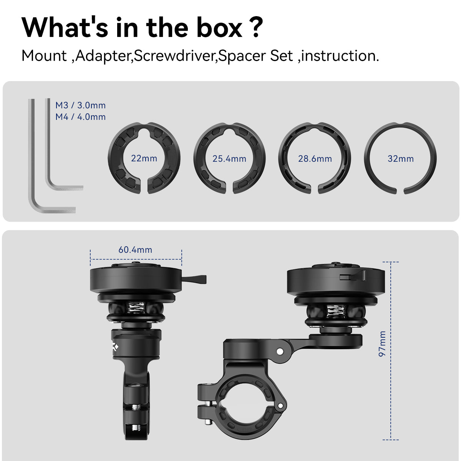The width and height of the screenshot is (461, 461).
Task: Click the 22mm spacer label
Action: [144, 158]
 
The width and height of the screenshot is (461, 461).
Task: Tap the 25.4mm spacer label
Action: [229, 159]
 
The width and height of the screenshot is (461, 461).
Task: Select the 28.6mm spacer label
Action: [315, 159]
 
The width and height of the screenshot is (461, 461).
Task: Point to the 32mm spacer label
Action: [401, 159]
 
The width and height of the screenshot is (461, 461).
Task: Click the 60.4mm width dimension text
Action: [135, 250]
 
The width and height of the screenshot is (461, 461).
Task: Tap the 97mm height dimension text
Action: [382, 344]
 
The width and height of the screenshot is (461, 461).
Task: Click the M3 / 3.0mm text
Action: [80, 105]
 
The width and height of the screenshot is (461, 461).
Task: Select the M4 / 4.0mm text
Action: [80, 117]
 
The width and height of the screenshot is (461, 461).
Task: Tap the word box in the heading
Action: [219, 28]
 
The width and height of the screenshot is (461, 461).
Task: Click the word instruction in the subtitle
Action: [338, 56]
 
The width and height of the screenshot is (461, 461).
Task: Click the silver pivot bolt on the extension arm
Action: [280, 352]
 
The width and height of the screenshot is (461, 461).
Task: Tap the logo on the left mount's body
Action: [115, 347]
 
